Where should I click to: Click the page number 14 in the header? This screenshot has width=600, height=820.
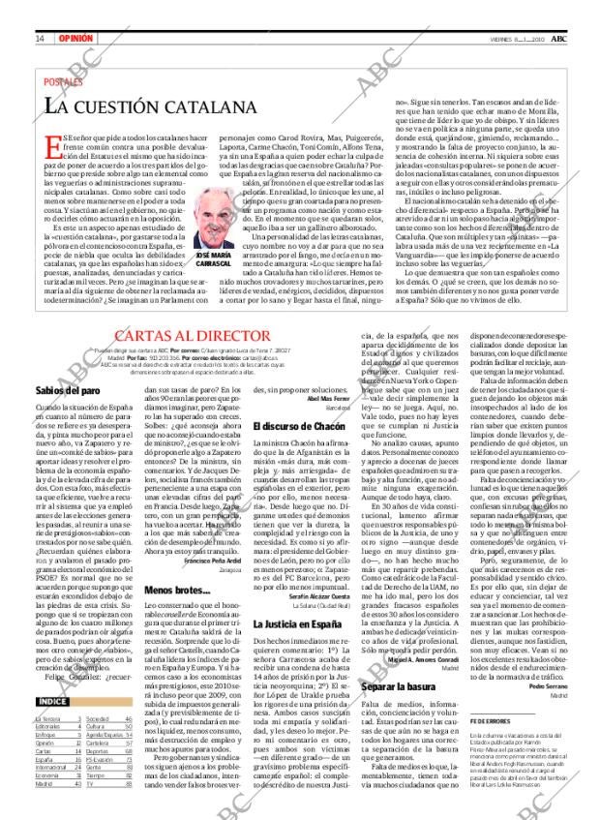coord(40,12)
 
